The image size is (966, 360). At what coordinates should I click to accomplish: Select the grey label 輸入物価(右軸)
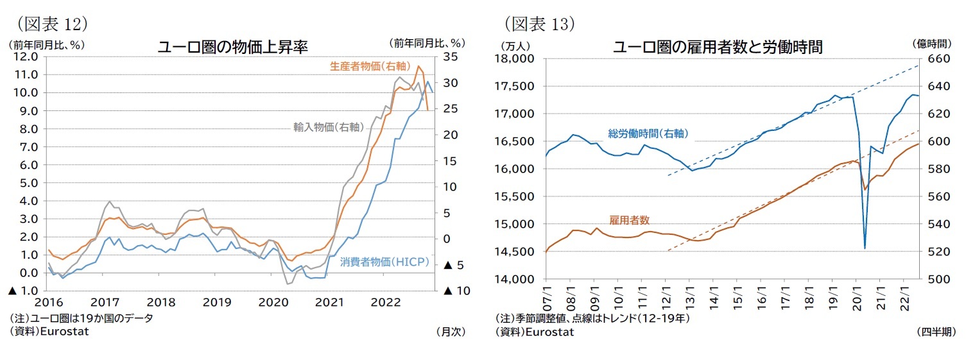pyautogui.click(x=327, y=126)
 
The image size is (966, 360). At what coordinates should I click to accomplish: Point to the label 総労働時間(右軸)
pyautogui.click(x=648, y=133)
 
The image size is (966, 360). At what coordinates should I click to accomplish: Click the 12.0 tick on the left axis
pyautogui.click(x=24, y=56)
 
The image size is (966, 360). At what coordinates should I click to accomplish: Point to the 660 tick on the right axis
pyautogui.click(x=938, y=59)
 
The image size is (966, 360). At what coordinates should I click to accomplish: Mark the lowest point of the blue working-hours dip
pyautogui.click(x=865, y=248)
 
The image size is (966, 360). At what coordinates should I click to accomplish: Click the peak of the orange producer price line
pyautogui.click(x=418, y=66)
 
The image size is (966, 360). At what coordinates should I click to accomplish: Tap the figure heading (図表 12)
pyautogui.click(x=50, y=24)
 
